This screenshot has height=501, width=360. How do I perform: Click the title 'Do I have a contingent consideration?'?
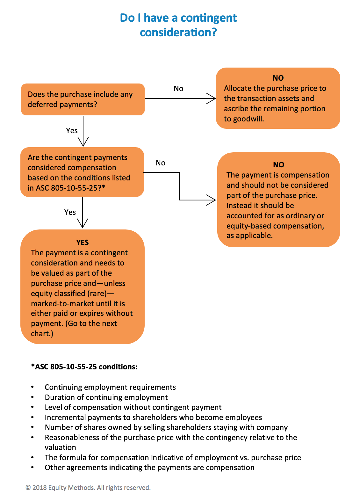(178, 25)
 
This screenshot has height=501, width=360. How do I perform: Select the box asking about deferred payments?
(83, 99)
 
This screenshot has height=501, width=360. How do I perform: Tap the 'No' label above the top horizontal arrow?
(178, 89)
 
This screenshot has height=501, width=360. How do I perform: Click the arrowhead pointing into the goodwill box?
(212, 98)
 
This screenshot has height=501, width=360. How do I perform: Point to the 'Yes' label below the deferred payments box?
(72, 131)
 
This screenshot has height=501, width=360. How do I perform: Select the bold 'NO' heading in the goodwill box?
(278, 78)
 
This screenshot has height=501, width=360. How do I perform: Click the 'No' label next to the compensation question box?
(160, 163)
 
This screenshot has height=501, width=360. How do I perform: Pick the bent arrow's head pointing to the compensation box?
(212, 200)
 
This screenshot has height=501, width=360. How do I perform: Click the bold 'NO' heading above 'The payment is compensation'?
(278, 165)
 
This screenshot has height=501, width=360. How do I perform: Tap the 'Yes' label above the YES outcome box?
(70, 212)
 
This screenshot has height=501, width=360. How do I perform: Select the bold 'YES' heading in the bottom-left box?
(82, 243)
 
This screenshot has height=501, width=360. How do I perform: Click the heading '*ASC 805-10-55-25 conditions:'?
(84, 367)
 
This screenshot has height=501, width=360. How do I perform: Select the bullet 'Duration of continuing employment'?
(106, 397)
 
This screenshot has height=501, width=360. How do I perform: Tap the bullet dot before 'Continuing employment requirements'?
(32, 387)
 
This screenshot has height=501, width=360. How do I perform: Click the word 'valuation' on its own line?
(60, 447)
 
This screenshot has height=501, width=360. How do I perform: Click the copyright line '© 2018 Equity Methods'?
(88, 488)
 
